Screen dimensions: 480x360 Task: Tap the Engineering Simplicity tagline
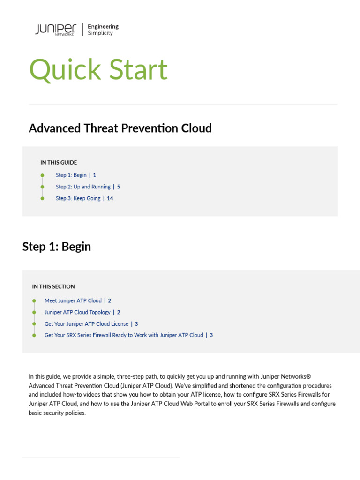click(103, 30)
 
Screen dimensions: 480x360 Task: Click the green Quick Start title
click(98, 69)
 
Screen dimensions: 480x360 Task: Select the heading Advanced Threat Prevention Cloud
click(120, 128)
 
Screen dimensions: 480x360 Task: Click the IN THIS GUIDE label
click(59, 163)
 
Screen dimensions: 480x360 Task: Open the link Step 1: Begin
click(71, 175)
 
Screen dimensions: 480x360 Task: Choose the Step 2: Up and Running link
click(83, 187)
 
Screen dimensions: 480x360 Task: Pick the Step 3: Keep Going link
click(78, 198)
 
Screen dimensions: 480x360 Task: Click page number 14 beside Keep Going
click(110, 198)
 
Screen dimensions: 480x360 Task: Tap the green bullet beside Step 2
click(42, 187)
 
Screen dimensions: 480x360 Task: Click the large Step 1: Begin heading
click(57, 247)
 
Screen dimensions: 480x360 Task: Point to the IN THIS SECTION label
click(53, 286)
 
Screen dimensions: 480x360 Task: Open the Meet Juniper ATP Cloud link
click(73, 300)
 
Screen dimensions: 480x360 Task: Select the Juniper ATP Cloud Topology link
click(77, 312)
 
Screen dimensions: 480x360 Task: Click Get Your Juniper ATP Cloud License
click(86, 324)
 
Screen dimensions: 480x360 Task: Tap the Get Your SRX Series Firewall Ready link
click(124, 335)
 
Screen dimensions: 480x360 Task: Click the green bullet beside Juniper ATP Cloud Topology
click(34, 312)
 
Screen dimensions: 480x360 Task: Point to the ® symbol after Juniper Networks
click(308, 376)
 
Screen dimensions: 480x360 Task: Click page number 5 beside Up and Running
click(119, 187)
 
